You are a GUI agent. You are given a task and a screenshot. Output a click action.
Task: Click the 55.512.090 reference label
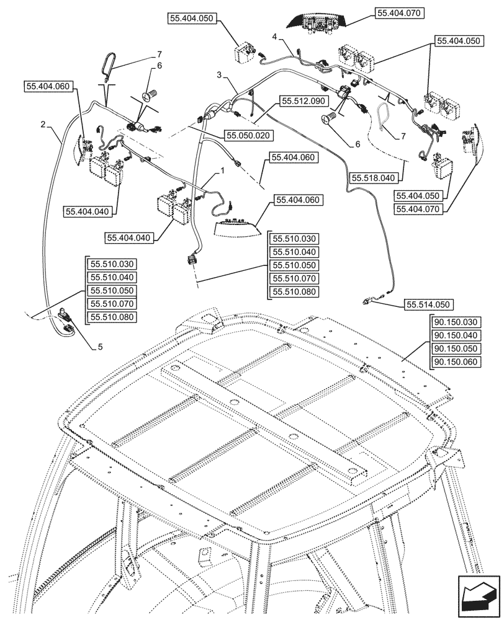[302, 100]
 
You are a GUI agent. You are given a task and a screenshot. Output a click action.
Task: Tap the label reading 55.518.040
[373, 177]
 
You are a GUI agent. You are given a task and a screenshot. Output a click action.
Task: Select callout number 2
[43, 125]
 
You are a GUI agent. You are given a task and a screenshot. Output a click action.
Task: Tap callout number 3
[218, 74]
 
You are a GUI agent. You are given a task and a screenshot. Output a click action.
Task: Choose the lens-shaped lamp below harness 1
[236, 227]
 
